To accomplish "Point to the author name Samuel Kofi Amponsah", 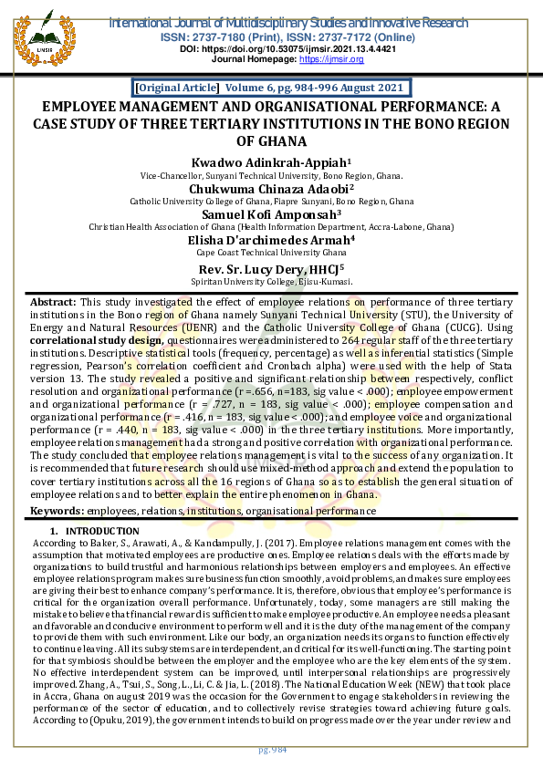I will [x=271, y=215].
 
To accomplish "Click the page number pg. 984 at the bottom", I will [x=272, y=749].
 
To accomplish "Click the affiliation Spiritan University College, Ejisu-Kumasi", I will [x=271, y=283].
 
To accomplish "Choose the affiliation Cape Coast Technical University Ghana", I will [x=271, y=255].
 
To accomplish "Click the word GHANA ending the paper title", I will [x=271, y=141].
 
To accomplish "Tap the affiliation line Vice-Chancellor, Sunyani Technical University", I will [x=271, y=173].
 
